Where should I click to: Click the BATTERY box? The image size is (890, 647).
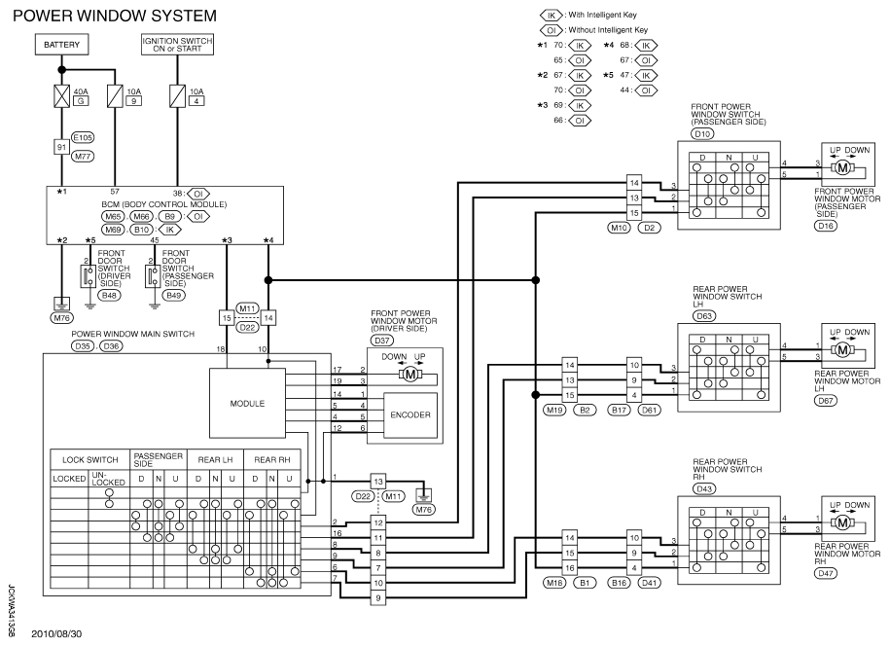point(62,45)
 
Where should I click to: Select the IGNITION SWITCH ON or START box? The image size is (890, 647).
point(177,45)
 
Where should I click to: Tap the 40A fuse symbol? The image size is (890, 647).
point(61,96)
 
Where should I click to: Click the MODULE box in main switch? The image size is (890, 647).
point(247,404)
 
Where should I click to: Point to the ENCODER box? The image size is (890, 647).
point(410,414)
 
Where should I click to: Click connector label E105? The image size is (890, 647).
point(83,137)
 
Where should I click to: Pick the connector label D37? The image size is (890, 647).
point(382,341)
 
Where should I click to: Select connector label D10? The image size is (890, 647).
point(702,134)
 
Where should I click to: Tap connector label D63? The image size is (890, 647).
point(704,316)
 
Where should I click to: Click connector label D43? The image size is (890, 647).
point(704,488)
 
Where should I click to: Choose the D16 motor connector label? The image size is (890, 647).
point(826,226)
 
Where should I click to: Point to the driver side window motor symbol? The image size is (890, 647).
point(409,374)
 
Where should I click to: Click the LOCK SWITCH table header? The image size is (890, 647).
point(90,459)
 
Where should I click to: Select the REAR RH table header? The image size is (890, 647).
point(272,459)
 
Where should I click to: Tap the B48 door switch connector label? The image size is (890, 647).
point(109,295)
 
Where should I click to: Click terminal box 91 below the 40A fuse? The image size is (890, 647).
point(61,147)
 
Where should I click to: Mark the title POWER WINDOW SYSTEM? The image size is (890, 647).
point(115,16)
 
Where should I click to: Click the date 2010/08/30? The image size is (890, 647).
point(56,634)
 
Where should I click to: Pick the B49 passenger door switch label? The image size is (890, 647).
point(173,295)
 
